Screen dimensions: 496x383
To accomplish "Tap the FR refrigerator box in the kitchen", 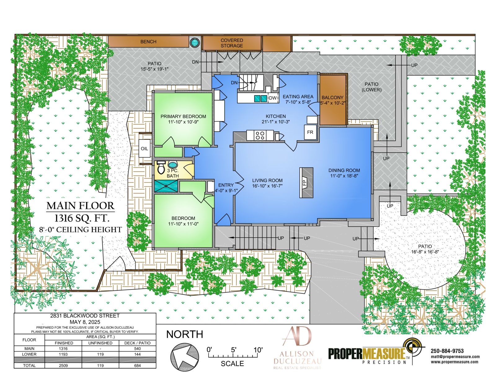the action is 310,132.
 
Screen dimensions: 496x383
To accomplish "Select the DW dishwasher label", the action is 273,98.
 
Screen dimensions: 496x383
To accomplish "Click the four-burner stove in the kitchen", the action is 260,135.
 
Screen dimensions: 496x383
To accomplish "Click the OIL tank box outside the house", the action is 144,148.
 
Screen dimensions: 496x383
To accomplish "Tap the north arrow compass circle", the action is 185,357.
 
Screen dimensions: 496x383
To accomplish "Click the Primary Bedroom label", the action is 183,116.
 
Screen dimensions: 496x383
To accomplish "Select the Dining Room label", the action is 344,170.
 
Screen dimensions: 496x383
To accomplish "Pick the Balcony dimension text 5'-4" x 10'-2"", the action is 333,103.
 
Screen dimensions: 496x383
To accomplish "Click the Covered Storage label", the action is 232,43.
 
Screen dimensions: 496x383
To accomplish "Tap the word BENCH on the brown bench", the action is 148,42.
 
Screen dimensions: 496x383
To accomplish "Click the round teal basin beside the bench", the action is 195,42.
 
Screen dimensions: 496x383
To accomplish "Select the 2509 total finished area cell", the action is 63,365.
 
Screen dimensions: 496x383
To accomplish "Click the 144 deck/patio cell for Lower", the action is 137,354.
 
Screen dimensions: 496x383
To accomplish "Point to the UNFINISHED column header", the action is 100,343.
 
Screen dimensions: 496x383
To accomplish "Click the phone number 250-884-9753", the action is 447,351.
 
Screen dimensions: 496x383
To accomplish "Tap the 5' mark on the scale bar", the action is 233,350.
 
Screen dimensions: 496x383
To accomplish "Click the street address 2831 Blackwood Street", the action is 85,316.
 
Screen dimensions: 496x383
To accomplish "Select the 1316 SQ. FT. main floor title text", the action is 82,218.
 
